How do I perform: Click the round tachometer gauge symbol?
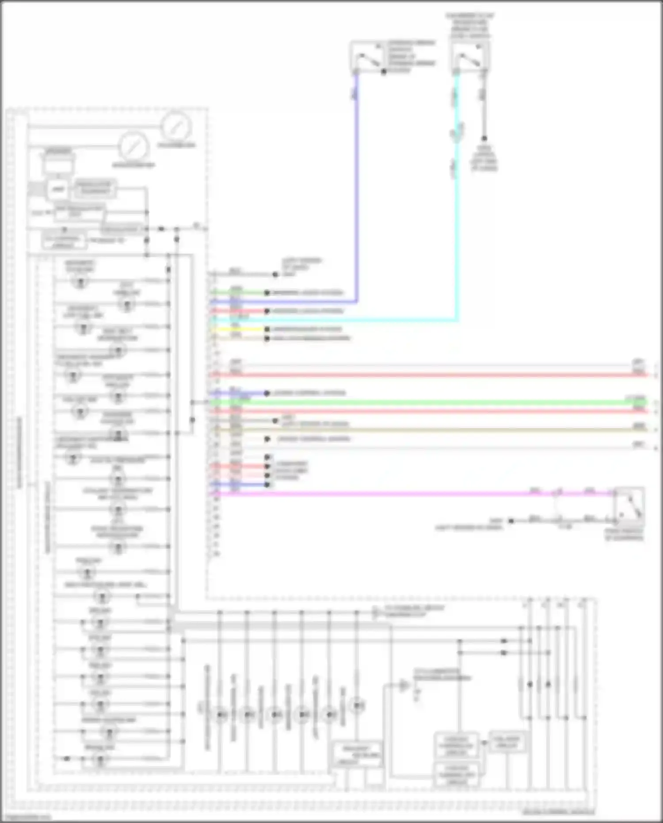pos(176,127)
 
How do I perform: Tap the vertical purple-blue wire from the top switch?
pos(357,186)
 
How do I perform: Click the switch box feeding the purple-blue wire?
pos(366,56)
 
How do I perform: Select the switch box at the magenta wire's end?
pos(629,504)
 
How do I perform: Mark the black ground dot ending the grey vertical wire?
pos(484,138)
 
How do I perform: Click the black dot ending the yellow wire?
pos(267,329)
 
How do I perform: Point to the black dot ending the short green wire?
pos(267,293)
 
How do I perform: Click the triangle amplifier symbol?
pos(404,686)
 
